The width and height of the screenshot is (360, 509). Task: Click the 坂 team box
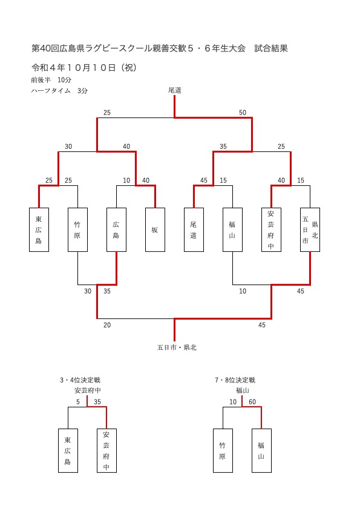(x=155, y=230)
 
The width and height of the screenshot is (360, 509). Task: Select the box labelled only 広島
(x=117, y=230)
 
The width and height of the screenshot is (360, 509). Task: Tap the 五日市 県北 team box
(x=310, y=230)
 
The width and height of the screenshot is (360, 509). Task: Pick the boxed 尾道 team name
(x=194, y=230)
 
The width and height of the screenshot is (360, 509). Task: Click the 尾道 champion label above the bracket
(x=175, y=90)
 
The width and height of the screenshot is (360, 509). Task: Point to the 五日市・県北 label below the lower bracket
(x=177, y=347)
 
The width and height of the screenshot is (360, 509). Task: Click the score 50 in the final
(x=243, y=113)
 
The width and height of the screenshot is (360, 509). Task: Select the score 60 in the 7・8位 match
(x=252, y=402)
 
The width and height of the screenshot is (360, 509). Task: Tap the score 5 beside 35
(x=78, y=402)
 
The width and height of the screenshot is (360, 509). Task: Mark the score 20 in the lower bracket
(x=107, y=325)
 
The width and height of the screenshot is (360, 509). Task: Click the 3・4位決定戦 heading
(x=80, y=380)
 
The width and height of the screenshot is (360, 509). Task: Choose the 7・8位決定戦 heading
(x=235, y=380)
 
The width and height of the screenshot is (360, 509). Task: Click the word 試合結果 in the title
(x=271, y=48)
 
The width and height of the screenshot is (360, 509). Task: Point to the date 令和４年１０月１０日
(x=74, y=68)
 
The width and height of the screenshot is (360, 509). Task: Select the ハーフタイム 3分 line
(x=59, y=91)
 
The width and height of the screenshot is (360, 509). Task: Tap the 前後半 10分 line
(x=51, y=80)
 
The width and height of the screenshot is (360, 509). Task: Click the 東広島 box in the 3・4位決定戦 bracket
(x=68, y=450)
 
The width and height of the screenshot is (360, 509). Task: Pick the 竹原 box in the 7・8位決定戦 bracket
(x=223, y=450)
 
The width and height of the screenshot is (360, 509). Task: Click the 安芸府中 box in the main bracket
(x=272, y=230)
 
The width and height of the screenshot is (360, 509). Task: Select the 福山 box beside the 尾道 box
(x=232, y=230)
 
